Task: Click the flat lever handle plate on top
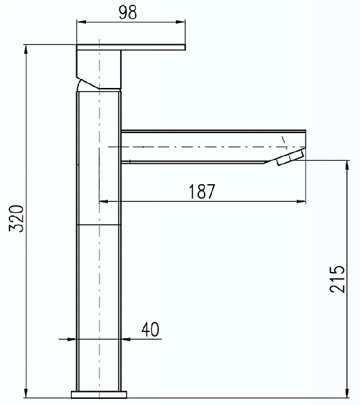[x=130, y=46]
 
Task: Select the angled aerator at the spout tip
[x=290, y=159]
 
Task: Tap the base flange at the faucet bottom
[x=99, y=394]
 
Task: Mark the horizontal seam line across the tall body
[x=99, y=224]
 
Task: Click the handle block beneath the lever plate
[x=99, y=68]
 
